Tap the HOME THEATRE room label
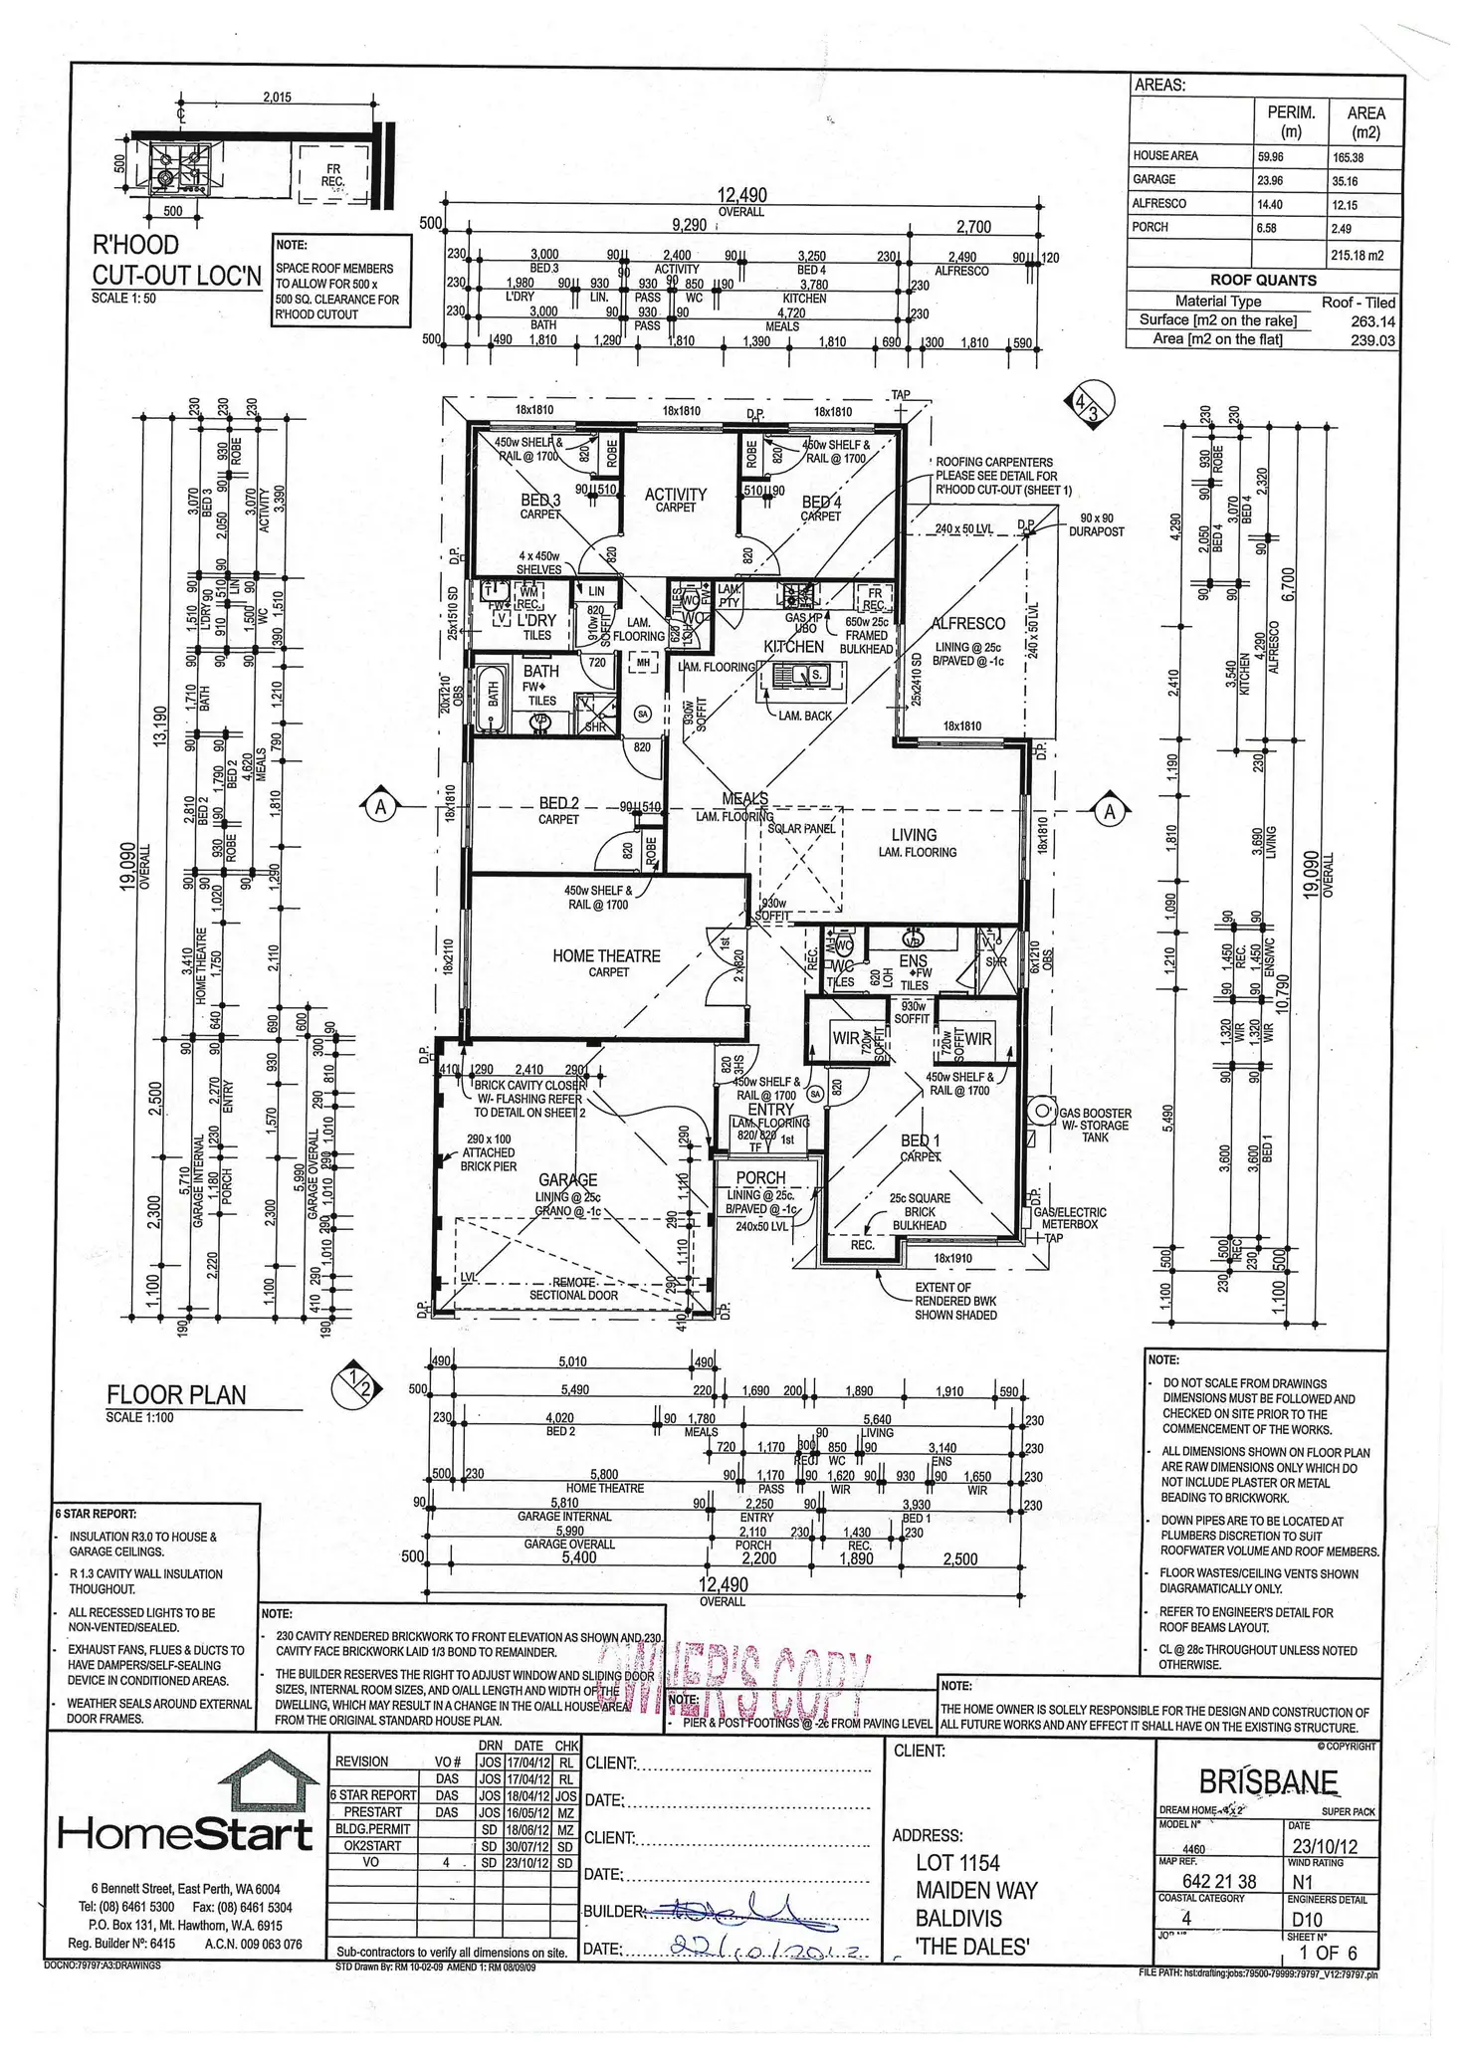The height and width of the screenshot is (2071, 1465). (x=606, y=956)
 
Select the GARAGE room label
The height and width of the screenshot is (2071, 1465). (x=567, y=1180)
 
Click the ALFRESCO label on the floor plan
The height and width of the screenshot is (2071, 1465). (x=967, y=624)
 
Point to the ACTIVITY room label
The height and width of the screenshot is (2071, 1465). (x=676, y=495)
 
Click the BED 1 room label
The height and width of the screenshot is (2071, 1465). (x=921, y=1140)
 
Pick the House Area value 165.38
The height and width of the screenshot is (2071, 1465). (x=1350, y=157)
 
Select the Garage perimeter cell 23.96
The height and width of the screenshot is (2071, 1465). (x=1270, y=181)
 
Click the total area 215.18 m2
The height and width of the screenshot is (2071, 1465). (x=1357, y=256)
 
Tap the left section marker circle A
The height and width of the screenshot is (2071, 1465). (x=380, y=807)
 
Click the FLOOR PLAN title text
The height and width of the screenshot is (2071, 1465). (x=176, y=1395)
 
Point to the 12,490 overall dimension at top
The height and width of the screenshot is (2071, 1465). (x=741, y=196)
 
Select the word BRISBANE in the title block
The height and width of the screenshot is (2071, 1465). (x=1268, y=1780)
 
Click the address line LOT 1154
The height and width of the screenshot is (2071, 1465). (x=957, y=1863)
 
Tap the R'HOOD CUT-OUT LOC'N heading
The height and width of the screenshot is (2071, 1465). (x=176, y=261)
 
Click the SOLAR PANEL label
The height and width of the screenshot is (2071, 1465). (x=801, y=828)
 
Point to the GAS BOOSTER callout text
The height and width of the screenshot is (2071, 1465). (x=1095, y=1114)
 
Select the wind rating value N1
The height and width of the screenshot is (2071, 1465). (x=1302, y=1882)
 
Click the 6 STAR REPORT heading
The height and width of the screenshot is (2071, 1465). (x=97, y=1514)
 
